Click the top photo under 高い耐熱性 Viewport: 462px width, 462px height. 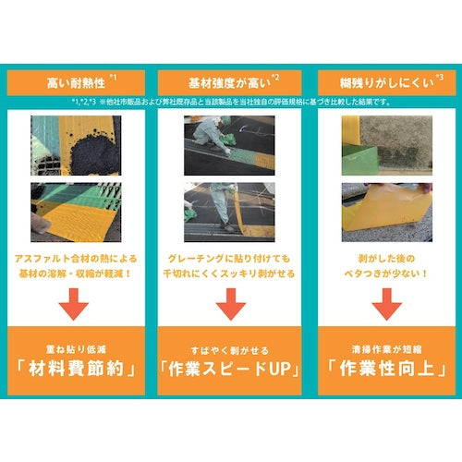pyautogui.click(x=78, y=146)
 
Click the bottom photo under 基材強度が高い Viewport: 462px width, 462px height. pyautogui.click(x=231, y=210)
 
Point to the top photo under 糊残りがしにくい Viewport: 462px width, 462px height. pyautogui.click(x=384, y=146)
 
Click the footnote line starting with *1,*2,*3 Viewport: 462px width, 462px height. pyautogui.click(x=231, y=101)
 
